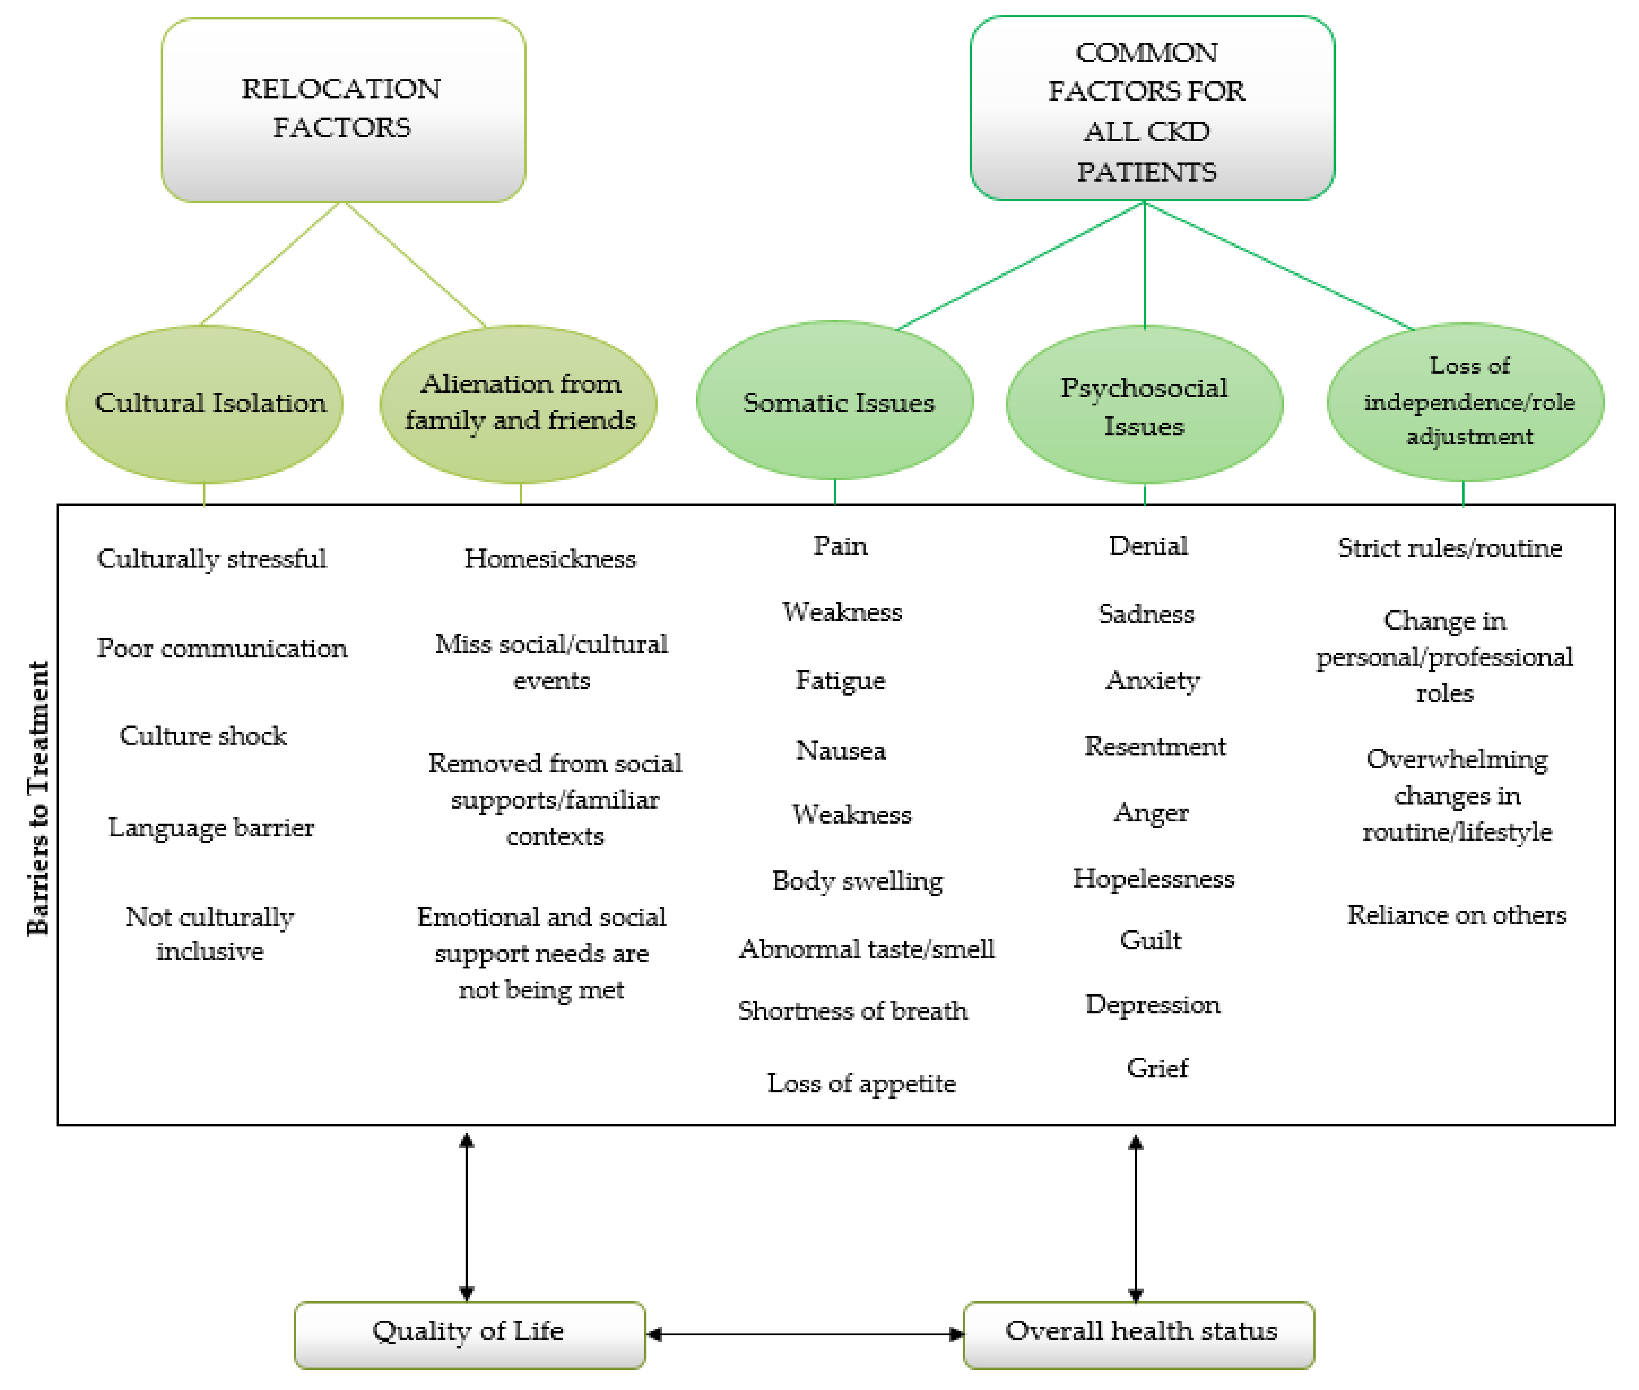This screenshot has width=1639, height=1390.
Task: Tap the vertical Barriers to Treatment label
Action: [x=38, y=797]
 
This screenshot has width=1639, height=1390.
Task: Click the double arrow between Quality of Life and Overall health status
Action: [x=804, y=1334]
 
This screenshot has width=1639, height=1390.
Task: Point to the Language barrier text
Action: [x=211, y=827]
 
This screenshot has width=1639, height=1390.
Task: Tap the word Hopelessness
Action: [x=1153, y=878]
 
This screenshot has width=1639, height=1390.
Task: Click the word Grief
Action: [x=1157, y=1068]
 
